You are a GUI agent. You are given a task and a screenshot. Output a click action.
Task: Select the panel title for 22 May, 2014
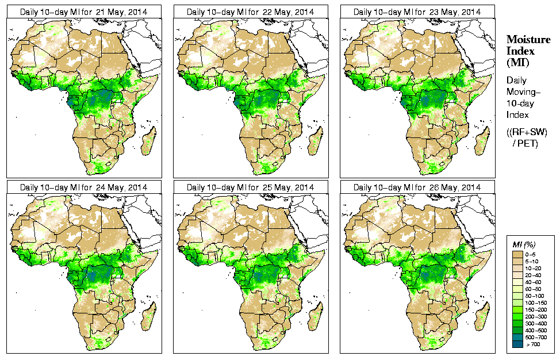point(250,12)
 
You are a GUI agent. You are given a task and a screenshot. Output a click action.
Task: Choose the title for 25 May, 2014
point(250,187)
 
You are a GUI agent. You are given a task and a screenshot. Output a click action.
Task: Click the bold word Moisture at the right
point(528,39)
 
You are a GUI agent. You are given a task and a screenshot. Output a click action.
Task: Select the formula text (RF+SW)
point(527,132)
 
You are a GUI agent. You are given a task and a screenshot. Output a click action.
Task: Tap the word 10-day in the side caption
point(520,104)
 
